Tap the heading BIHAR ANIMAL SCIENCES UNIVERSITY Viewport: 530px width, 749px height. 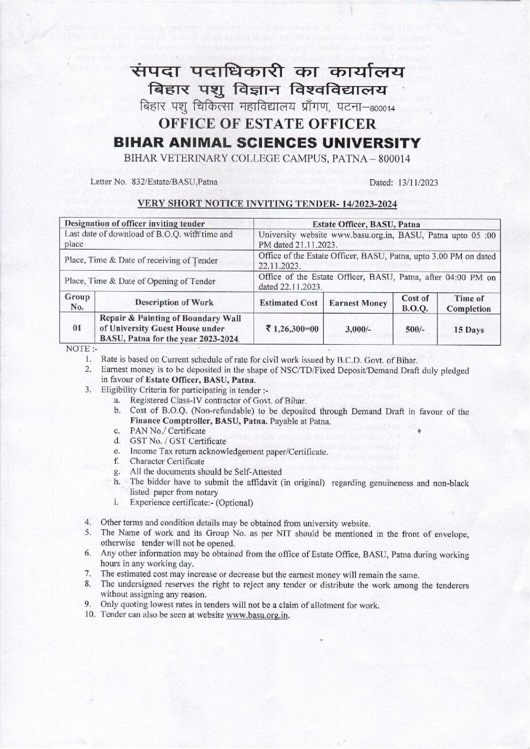(x=264, y=144)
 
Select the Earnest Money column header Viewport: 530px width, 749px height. (x=357, y=303)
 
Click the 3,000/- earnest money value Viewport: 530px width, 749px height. (x=357, y=329)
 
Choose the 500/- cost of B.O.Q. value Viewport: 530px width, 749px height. (x=415, y=329)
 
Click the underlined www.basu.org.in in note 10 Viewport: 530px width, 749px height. (x=258, y=615)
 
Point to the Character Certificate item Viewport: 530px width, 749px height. (x=166, y=461)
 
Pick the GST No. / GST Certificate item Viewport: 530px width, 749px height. (x=177, y=441)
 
